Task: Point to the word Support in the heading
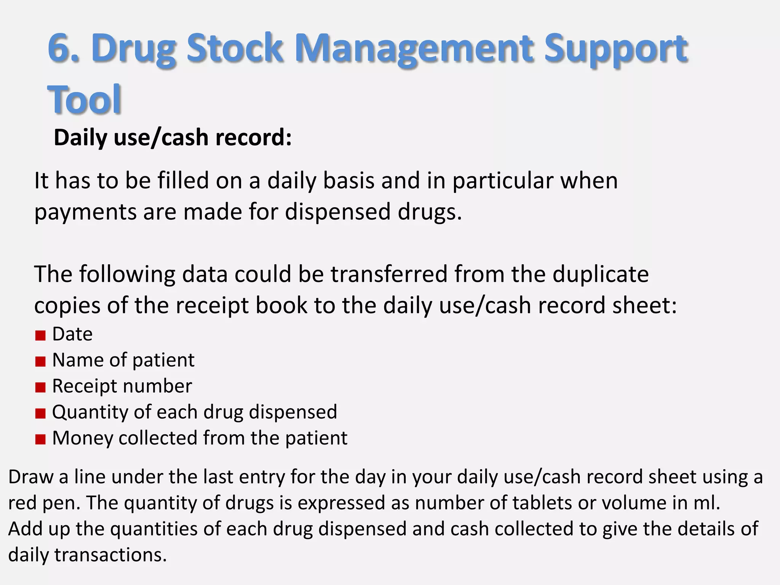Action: pyautogui.click(x=615, y=50)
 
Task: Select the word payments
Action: pyautogui.click(x=85, y=213)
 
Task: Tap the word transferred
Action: pyautogui.click(x=389, y=274)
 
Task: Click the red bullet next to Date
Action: pyautogui.click(x=40, y=336)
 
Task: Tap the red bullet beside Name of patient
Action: pyautogui.click(x=40, y=361)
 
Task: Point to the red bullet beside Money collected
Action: pyautogui.click(x=40, y=440)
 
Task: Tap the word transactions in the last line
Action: pyautogui.click(x=110, y=555)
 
